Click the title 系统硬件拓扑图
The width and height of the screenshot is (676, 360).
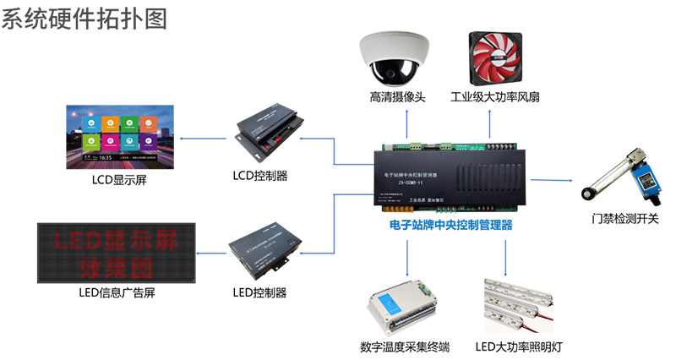click(84, 19)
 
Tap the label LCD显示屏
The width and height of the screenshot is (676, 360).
click(119, 179)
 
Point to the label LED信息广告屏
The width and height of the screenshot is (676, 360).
click(117, 293)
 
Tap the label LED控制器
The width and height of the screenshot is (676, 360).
click(260, 293)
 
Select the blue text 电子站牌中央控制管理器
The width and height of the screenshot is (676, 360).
click(451, 226)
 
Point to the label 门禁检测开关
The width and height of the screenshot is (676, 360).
click(625, 219)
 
